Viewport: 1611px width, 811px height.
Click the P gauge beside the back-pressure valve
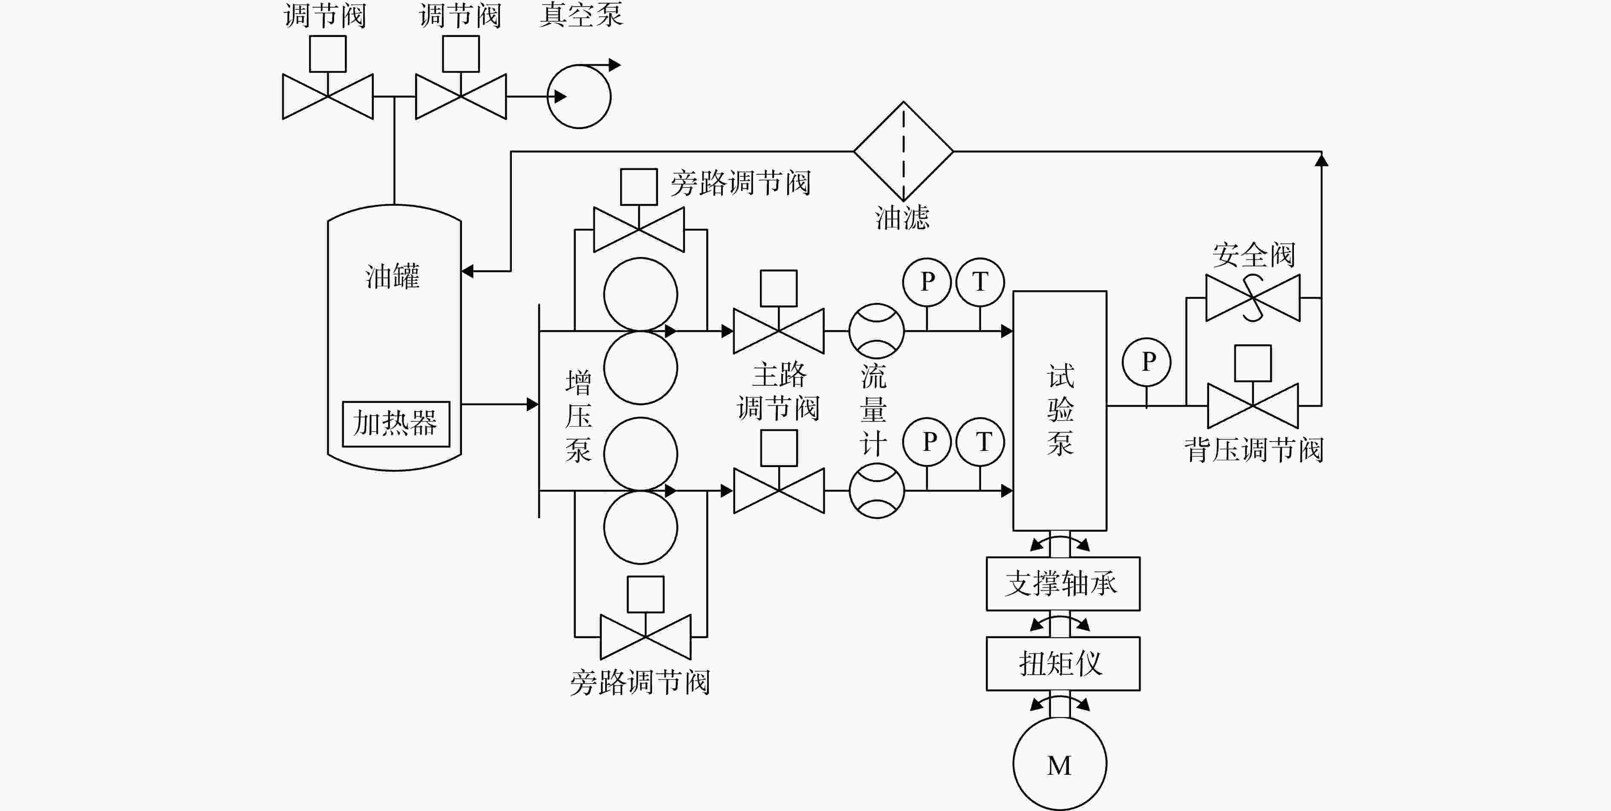pyautogui.click(x=1146, y=362)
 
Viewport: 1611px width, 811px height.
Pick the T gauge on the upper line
pyautogui.click(x=980, y=282)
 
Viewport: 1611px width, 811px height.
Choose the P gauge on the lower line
pyautogui.click(x=927, y=442)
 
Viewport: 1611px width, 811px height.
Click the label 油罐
pyautogui.click(x=393, y=277)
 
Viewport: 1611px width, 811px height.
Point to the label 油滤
pyautogui.click(x=902, y=218)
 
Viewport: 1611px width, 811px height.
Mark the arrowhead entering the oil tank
pyautogui.click(x=467, y=271)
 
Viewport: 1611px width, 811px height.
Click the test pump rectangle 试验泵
pyautogui.click(x=1060, y=411)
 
